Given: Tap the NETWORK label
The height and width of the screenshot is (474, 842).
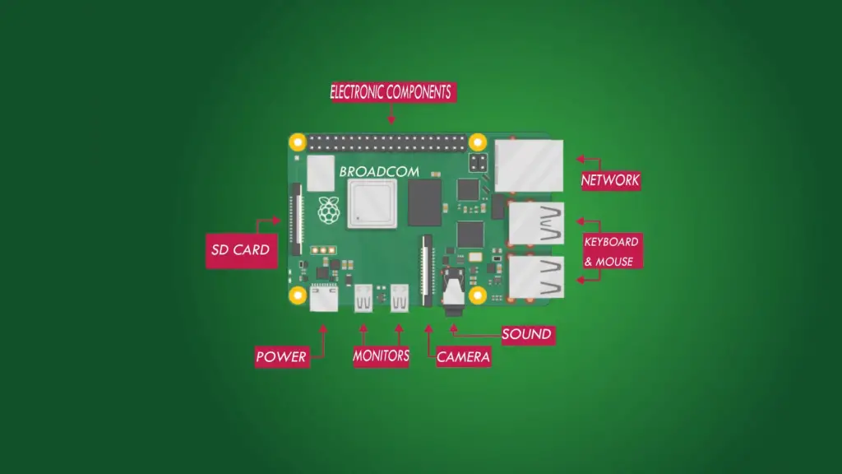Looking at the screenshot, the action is pos(611,180).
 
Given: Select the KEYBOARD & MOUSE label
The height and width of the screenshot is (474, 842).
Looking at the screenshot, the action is pos(612,251).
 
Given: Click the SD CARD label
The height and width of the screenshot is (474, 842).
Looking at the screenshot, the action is pos(241,250).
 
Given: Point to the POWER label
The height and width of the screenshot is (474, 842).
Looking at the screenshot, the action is pos(281,356).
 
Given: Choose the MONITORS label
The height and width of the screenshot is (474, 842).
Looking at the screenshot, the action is pos(381,355).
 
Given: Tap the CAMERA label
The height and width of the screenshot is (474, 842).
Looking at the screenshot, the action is pos(464,357).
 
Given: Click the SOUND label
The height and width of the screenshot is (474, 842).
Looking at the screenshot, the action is pos(527,334).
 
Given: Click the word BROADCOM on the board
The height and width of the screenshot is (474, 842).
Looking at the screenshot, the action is pos(379,172).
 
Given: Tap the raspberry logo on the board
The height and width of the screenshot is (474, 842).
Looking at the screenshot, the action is pos(329,210).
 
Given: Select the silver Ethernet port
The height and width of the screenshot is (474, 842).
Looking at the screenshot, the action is pos(529,165).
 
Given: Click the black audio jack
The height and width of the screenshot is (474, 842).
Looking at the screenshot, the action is pos(453,292).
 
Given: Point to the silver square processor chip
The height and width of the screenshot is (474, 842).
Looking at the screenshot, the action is pos(372,204).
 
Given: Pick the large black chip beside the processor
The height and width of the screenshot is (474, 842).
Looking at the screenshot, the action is pos(425,202).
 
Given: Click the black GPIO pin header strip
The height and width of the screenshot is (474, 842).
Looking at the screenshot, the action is pos(387,143).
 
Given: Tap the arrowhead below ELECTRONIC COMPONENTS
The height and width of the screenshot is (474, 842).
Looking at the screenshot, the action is pos(391,120).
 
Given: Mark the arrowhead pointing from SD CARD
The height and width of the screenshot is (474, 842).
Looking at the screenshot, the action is pos(276,221).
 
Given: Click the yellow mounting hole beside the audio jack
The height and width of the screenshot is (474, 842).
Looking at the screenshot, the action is pos(478,295).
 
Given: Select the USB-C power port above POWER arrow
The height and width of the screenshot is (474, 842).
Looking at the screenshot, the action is pos(324,298).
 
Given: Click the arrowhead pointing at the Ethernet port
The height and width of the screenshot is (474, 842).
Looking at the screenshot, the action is pos(580,159).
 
